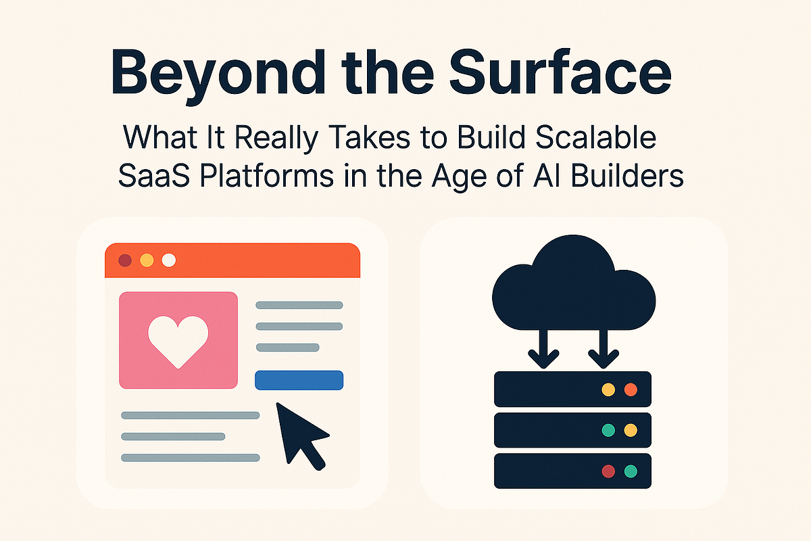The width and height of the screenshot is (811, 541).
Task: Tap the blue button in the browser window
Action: coord(299,381)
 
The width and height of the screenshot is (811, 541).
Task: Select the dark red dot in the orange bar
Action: coord(124,260)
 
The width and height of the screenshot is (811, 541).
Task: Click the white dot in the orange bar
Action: coord(169,260)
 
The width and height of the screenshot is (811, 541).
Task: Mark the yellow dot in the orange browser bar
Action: coord(146,260)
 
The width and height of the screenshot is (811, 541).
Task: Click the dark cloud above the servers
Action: coord(574,287)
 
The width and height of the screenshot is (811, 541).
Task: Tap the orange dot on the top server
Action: coord(631,390)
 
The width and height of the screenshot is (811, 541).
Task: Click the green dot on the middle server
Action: coord(608,430)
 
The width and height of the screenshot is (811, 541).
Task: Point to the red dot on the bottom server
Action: coord(608,471)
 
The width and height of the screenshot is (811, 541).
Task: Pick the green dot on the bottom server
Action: coord(631,471)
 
